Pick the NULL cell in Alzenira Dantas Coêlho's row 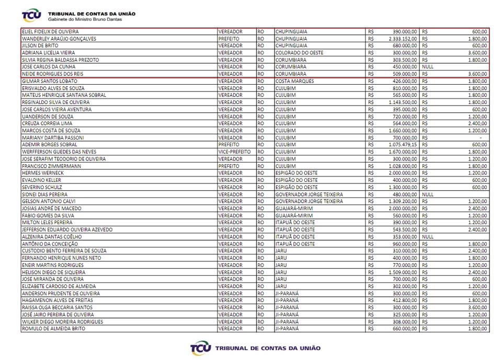[428, 237]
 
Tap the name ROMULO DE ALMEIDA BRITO [53, 329]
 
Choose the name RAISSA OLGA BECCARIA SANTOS [58, 307]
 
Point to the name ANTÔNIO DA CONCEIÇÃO [50, 244]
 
